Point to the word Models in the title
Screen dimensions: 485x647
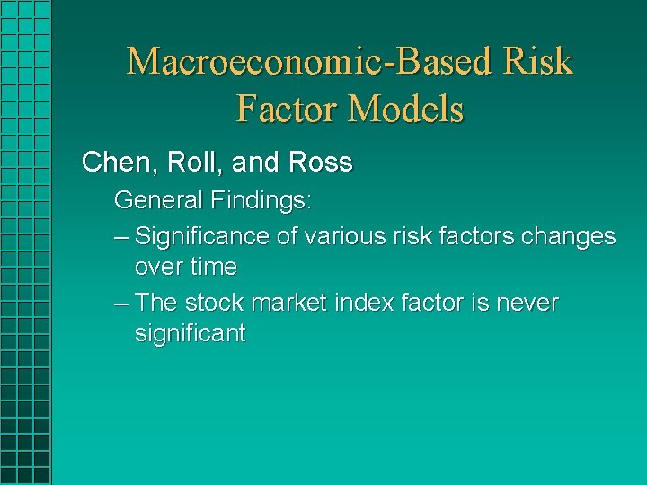point(406,110)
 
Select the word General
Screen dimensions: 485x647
point(159,199)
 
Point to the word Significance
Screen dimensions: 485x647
point(202,236)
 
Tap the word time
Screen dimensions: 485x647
point(213,267)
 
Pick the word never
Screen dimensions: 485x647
point(526,303)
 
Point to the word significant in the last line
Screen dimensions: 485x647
point(190,333)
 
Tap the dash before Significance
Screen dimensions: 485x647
point(122,237)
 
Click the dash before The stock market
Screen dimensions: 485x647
point(122,304)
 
